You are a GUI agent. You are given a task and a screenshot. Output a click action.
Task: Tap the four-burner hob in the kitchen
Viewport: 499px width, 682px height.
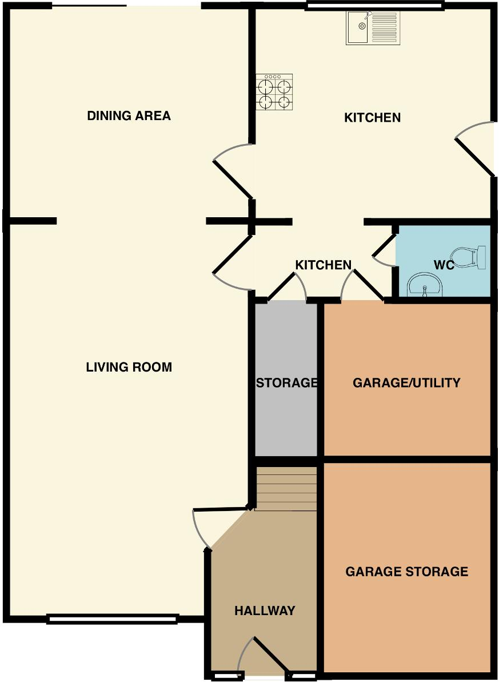(x=275, y=92)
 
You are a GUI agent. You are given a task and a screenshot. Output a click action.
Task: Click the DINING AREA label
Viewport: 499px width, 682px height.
(x=129, y=116)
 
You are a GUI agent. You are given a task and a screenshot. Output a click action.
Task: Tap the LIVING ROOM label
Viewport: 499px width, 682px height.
(x=129, y=367)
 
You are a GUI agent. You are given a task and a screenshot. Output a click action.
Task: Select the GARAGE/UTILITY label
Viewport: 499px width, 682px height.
(x=406, y=383)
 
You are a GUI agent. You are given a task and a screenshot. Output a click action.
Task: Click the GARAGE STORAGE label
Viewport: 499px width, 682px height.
(x=406, y=572)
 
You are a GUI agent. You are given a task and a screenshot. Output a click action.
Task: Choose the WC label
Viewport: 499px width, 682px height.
(x=444, y=266)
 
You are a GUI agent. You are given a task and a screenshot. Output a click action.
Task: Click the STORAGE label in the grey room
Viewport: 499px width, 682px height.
(x=286, y=383)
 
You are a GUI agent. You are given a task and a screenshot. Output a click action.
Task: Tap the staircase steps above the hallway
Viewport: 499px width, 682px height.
(x=286, y=489)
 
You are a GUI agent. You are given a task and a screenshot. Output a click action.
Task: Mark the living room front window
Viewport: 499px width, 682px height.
(x=112, y=618)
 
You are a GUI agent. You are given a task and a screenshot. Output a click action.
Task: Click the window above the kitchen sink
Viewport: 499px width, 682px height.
(x=375, y=6)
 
